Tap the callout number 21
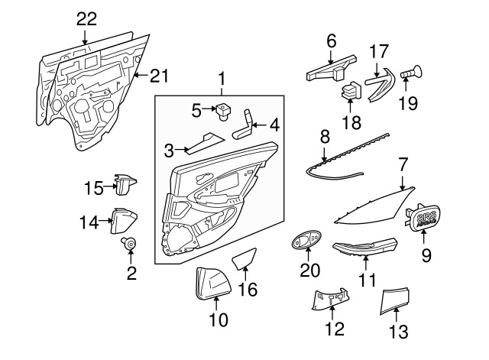(158, 75)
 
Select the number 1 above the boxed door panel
(222, 78)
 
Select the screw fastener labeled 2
(131, 246)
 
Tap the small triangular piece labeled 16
(245, 258)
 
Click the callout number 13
(399, 332)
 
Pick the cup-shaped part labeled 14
(124, 221)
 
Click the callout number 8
(325, 138)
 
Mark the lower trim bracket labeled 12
(331, 300)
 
